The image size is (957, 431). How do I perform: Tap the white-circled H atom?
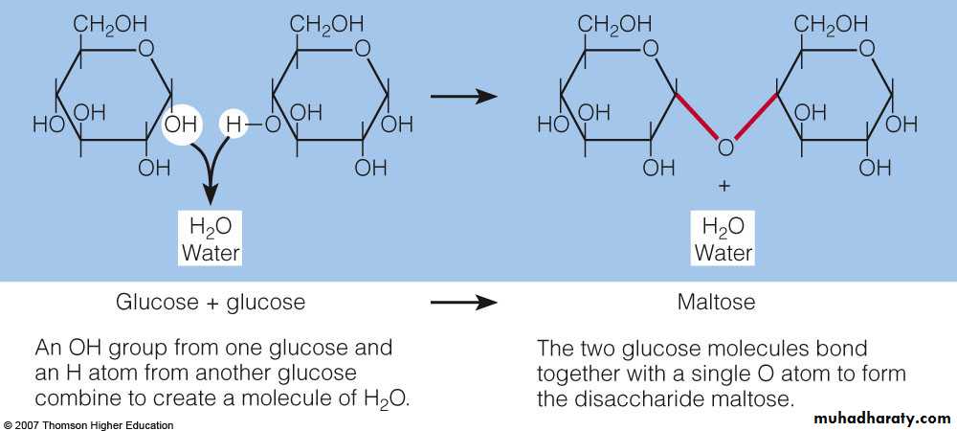click(x=234, y=124)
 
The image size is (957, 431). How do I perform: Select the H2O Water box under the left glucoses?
click(x=211, y=238)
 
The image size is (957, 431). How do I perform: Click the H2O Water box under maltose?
click(x=723, y=238)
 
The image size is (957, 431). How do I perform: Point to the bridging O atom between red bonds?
click(x=725, y=147)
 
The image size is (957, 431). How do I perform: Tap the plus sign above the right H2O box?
click(x=724, y=185)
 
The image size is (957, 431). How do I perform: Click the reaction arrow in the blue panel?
click(x=464, y=96)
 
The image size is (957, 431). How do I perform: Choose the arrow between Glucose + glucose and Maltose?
click(x=464, y=303)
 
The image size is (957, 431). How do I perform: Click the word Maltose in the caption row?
click(x=716, y=303)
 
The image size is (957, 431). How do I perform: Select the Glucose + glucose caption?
click(x=211, y=303)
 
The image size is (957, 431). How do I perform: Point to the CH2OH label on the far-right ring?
click(x=831, y=22)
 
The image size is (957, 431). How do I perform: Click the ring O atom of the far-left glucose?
click(x=145, y=49)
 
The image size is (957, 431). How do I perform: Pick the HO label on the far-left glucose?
click(x=47, y=124)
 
